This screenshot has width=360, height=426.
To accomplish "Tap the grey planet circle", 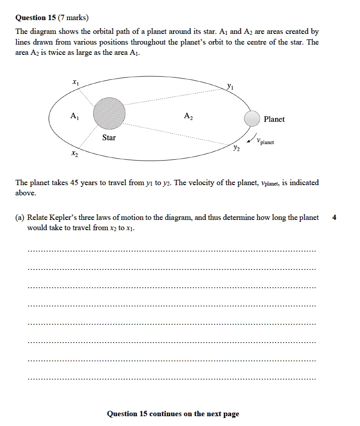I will pyautogui.click(x=252, y=119).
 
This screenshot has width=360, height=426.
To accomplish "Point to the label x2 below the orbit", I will pyautogui.click(x=74, y=154).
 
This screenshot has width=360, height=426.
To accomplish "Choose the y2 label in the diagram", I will pyautogui.click(x=236, y=148).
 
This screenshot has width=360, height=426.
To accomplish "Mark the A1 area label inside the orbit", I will pyautogui.click(x=74, y=116).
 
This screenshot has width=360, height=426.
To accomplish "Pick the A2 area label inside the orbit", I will pyautogui.click(x=188, y=116).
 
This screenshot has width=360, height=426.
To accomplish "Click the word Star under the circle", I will pyautogui.click(x=109, y=137).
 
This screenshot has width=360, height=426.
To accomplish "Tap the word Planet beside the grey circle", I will pyautogui.click(x=274, y=119).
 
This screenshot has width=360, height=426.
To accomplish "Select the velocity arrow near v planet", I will pyautogui.click(x=253, y=136).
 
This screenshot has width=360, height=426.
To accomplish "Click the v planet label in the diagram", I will pyautogui.click(x=265, y=141).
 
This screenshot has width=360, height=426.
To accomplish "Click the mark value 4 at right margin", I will pyautogui.click(x=335, y=218).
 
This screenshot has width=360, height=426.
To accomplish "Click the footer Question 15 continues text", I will pyautogui.click(x=173, y=414).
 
